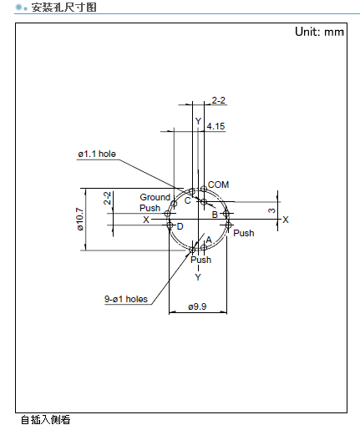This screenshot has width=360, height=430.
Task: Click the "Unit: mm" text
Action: tap(319, 32)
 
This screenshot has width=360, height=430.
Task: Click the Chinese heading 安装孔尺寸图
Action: tap(63, 8)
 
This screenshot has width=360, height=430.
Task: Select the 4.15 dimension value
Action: tap(215, 126)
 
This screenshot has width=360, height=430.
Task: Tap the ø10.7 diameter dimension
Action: tap(80, 219)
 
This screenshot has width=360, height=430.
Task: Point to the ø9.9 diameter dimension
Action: tap(197, 306)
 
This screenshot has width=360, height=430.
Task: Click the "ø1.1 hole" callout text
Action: tap(97, 154)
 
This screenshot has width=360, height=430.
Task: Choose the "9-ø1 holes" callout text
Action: tap(126, 299)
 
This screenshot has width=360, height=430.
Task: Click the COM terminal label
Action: tap(218, 185)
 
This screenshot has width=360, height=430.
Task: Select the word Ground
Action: tap(155, 197)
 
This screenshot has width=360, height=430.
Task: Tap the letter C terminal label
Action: tap(188, 200)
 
